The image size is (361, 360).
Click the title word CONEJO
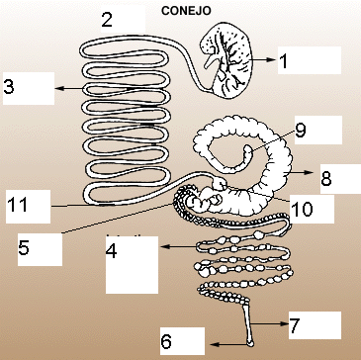186,11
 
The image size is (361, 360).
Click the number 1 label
283,61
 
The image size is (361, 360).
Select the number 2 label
107,20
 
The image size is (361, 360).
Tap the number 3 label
9,87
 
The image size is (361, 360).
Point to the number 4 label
112,251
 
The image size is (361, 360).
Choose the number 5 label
24,248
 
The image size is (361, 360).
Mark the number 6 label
166,342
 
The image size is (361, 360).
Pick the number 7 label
294,325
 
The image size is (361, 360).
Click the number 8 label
326,179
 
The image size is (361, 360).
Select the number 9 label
301,131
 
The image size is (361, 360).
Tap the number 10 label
303,210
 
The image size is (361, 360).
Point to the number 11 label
18,205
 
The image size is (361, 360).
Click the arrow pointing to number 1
262,59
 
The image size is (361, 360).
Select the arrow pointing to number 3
69,88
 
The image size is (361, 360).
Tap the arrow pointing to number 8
302,172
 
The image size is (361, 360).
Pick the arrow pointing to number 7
270,323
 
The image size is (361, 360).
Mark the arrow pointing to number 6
229,344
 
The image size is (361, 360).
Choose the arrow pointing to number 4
180,246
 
